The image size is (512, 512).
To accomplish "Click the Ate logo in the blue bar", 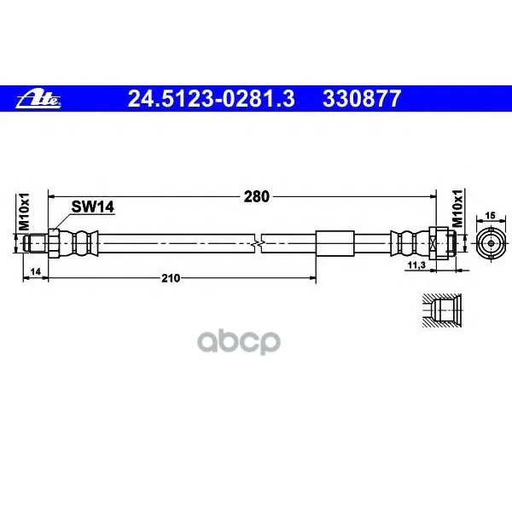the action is click(38, 99).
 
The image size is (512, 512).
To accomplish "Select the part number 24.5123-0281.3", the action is click(212, 99).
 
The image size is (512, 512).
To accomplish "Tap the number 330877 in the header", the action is click(362, 99).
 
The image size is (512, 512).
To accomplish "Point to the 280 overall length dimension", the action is click(257, 196).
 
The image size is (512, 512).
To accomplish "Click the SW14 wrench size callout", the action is click(93, 207).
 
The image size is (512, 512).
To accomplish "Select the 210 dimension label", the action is click(171, 278).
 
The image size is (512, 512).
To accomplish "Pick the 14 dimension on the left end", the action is click(35, 271).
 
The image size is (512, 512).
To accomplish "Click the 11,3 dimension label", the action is click(416, 265).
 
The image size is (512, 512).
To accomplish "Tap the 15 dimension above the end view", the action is click(490, 216).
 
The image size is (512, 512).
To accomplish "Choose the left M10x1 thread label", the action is click(24, 212).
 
